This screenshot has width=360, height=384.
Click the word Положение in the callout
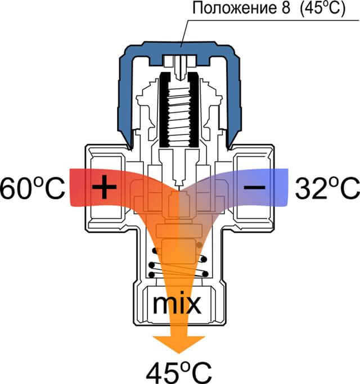click(x=234, y=8)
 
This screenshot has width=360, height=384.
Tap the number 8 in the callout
click(x=285, y=8)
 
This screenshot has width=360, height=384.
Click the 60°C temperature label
click(x=33, y=188)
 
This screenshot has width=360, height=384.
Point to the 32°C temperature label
click(x=327, y=188)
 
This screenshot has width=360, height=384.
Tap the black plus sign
click(x=105, y=187)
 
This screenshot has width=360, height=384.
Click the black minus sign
click(x=254, y=187)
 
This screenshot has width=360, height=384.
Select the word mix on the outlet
click(x=177, y=304)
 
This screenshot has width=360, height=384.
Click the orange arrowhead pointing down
click(x=179, y=344)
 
